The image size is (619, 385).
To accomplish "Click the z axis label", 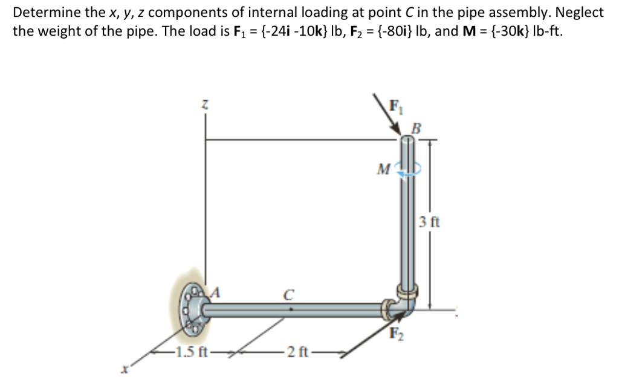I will coord(206,106).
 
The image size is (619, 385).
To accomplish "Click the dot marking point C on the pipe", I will coord(291,308).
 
